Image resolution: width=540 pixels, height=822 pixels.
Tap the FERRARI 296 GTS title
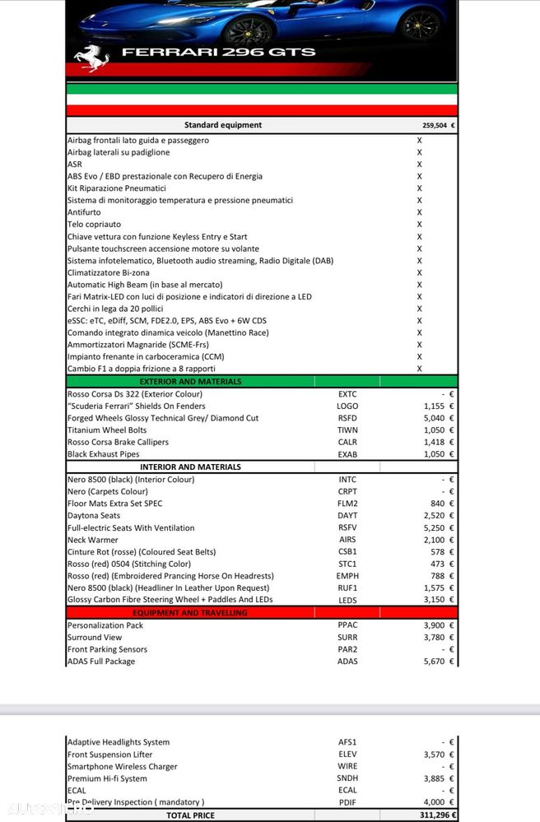click(218, 52)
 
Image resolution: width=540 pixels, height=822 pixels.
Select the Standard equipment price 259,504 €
click(439, 126)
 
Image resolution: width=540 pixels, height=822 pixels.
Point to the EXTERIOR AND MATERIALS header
click(190, 382)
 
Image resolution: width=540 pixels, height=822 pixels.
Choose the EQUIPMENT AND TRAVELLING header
click(190, 613)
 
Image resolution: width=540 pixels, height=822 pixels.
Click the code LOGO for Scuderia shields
click(347, 406)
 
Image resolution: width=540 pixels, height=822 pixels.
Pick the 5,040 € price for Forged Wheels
click(439, 418)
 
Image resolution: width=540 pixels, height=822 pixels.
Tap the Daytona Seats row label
click(94, 516)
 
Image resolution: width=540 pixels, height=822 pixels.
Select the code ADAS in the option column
click(347, 662)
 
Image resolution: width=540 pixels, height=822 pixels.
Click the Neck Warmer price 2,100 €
click(439, 540)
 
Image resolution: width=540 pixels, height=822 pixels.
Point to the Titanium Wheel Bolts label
click(107, 430)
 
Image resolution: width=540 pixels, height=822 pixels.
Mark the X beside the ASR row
click(419, 165)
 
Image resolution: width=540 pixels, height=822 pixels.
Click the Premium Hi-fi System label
click(107, 778)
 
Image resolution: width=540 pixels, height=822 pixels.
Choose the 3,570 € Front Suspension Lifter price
click(439, 755)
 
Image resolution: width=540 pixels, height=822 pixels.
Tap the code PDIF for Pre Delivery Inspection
click(347, 802)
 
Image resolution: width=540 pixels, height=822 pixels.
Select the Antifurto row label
click(84, 212)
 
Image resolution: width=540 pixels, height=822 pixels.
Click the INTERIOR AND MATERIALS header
click(190, 467)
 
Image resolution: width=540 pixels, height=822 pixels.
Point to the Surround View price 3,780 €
click(439, 637)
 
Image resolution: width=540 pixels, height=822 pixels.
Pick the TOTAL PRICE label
click(190, 815)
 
